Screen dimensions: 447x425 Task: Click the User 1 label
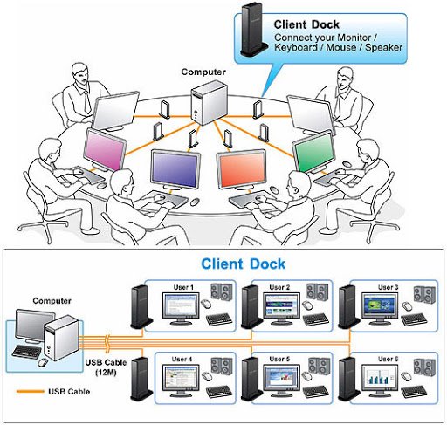[x=183, y=287]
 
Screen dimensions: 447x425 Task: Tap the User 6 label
[x=388, y=360]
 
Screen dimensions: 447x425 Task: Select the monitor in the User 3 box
[x=380, y=309]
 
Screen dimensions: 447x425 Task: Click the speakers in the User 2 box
[x=317, y=291]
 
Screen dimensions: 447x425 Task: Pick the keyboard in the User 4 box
[x=219, y=392]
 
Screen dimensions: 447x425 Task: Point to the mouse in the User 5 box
[x=307, y=376]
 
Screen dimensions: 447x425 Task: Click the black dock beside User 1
[x=141, y=307]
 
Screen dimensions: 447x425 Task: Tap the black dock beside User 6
[x=348, y=379]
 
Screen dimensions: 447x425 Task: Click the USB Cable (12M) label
[x=106, y=367]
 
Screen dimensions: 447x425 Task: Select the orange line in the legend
[x=31, y=392]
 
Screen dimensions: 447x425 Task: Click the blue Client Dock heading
[x=244, y=264]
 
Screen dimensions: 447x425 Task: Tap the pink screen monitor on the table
[x=105, y=150]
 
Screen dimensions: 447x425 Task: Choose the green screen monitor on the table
[x=314, y=151]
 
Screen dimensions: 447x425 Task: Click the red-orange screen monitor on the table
[x=242, y=169]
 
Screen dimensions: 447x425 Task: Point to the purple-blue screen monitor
[x=175, y=169]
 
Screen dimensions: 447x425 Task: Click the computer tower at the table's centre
[x=209, y=102]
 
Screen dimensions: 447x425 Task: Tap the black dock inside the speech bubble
[x=253, y=31]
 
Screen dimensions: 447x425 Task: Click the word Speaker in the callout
[x=384, y=47]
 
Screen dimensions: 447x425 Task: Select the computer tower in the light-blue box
[x=62, y=338]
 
